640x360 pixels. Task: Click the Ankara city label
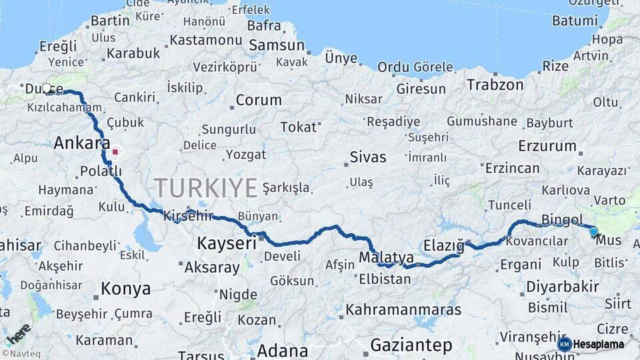[81, 143]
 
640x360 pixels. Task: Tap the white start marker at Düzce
[47, 88]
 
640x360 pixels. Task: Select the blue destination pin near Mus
[593, 232]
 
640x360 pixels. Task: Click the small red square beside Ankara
[115, 151]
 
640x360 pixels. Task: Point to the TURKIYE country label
[205, 188]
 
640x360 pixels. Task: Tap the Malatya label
[386, 257]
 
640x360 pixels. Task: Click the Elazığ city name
[443, 245]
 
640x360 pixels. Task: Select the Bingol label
[563, 219]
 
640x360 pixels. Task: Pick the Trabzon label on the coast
[495, 85]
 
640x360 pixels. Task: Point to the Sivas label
[368, 157]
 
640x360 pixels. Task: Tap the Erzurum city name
[547, 145]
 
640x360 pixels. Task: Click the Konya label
[125, 289]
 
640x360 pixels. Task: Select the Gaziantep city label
[411, 345]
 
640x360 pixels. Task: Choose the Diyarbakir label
[562, 287]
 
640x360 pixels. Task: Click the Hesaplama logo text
[599, 344]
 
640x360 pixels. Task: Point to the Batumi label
[574, 21]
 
